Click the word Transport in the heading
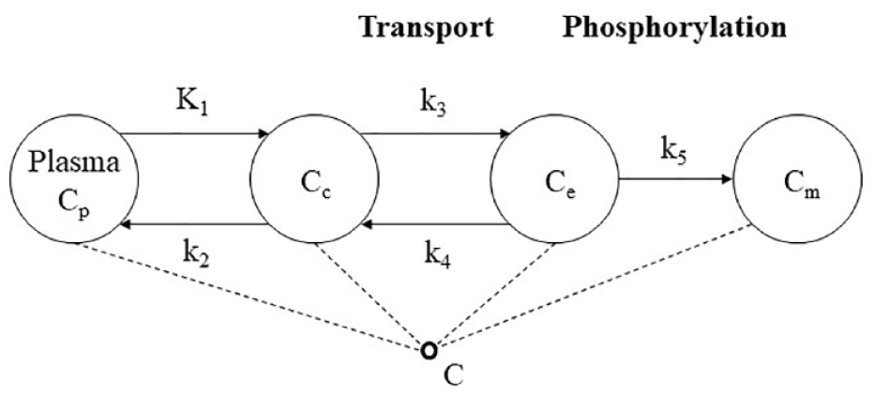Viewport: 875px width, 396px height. pyautogui.click(x=426, y=26)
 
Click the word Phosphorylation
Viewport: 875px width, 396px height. pyautogui.click(x=674, y=27)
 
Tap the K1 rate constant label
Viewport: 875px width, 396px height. pyautogui.click(x=190, y=102)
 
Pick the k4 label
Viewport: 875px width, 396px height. pyautogui.click(x=436, y=257)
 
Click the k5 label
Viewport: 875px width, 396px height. pyautogui.click(x=674, y=152)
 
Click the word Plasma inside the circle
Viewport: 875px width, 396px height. pyautogui.click(x=74, y=163)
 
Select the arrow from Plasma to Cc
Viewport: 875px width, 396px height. pyautogui.click(x=195, y=134)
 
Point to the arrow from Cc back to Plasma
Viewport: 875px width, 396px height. pyautogui.click(x=193, y=224)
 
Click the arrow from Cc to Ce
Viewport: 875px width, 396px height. pyautogui.click(x=435, y=134)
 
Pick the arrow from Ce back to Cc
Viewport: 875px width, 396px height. pyautogui.click(x=434, y=224)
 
